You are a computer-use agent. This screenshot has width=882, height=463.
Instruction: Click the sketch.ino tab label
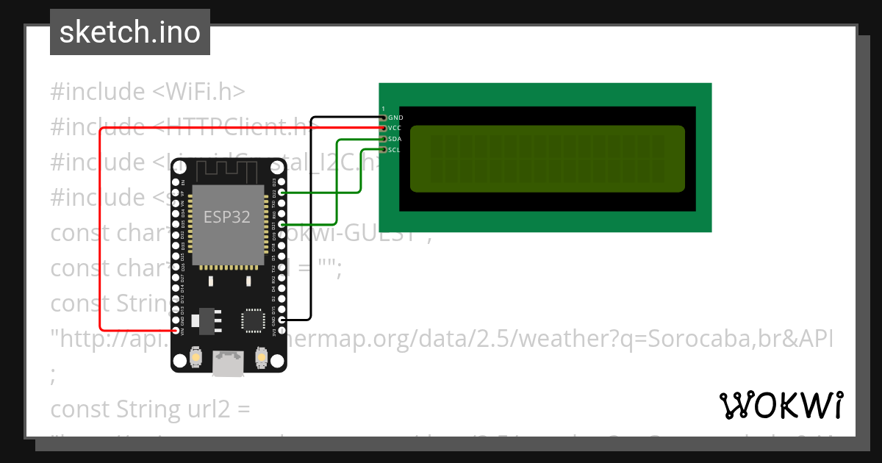point(129,32)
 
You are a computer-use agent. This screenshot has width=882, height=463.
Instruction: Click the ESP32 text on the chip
point(226,217)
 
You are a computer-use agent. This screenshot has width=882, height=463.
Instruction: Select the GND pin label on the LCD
point(395,118)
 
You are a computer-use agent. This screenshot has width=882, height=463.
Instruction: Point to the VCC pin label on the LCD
point(395,128)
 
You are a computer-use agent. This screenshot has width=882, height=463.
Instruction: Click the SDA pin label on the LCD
point(395,139)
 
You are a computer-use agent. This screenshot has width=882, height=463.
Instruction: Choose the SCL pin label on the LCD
point(394,150)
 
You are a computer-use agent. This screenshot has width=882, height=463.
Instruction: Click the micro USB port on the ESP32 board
point(228,362)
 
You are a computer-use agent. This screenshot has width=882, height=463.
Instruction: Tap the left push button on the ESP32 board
point(196,358)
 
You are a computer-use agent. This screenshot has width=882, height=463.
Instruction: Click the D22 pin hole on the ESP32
point(282,193)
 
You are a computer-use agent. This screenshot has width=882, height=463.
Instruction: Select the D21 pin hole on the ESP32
point(282,224)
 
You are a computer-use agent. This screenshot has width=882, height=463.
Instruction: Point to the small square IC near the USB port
point(251,320)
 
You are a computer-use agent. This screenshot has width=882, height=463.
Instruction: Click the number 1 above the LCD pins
point(383,109)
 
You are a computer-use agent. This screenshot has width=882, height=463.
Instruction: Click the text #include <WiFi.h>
point(147,92)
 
